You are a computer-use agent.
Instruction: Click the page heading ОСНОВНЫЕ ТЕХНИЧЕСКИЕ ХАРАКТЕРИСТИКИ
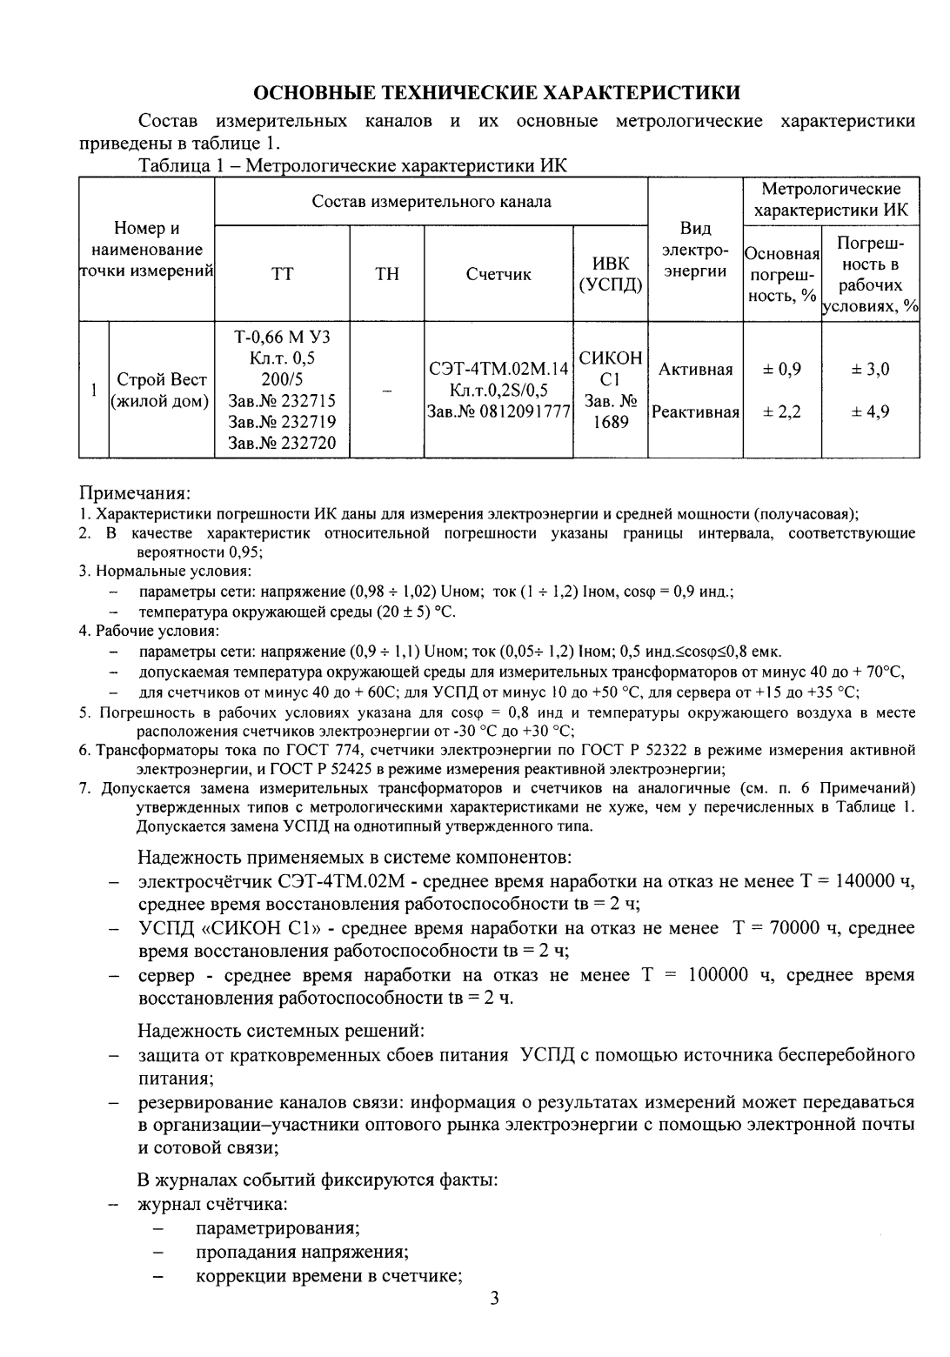click(x=497, y=93)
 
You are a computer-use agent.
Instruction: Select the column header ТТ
click(x=282, y=274)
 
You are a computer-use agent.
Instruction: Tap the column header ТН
click(x=386, y=274)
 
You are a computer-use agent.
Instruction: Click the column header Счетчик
click(x=498, y=274)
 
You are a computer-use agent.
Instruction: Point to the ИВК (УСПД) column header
click(x=610, y=274)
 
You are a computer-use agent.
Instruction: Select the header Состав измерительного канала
click(x=432, y=202)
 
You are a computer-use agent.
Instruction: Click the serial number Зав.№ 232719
click(x=282, y=423)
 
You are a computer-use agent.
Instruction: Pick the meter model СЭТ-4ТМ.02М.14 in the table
click(x=498, y=370)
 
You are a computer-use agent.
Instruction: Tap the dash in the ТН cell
click(x=386, y=391)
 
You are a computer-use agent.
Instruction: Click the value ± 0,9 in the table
click(x=781, y=370)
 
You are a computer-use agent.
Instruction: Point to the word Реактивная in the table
click(x=695, y=411)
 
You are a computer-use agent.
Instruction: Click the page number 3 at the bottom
click(x=495, y=1324)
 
